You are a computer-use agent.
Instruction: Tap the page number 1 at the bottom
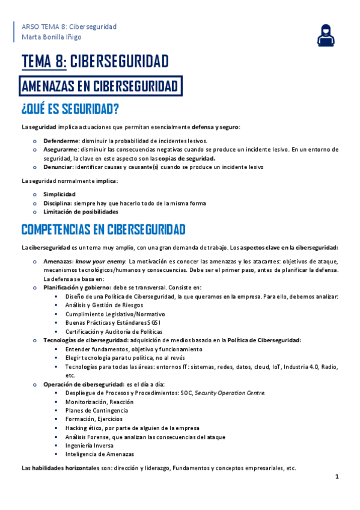pyautogui.click(x=337, y=477)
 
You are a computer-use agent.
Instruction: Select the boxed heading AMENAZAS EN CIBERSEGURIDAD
pyautogui.click(x=100, y=87)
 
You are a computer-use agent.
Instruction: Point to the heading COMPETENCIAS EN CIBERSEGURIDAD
pyautogui.click(x=103, y=230)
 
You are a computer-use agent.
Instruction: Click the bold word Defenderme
pyautogui.click(x=61, y=140)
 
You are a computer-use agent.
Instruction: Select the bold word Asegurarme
pyautogui.click(x=61, y=149)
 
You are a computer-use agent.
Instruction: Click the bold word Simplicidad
pyautogui.click(x=59, y=194)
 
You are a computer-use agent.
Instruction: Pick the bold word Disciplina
pyautogui.click(x=58, y=203)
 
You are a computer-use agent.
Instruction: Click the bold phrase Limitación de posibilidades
pyautogui.click(x=81, y=212)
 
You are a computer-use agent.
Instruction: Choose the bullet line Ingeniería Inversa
pyautogui.click(x=90, y=446)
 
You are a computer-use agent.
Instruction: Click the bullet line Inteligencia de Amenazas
pyautogui.click(x=100, y=454)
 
